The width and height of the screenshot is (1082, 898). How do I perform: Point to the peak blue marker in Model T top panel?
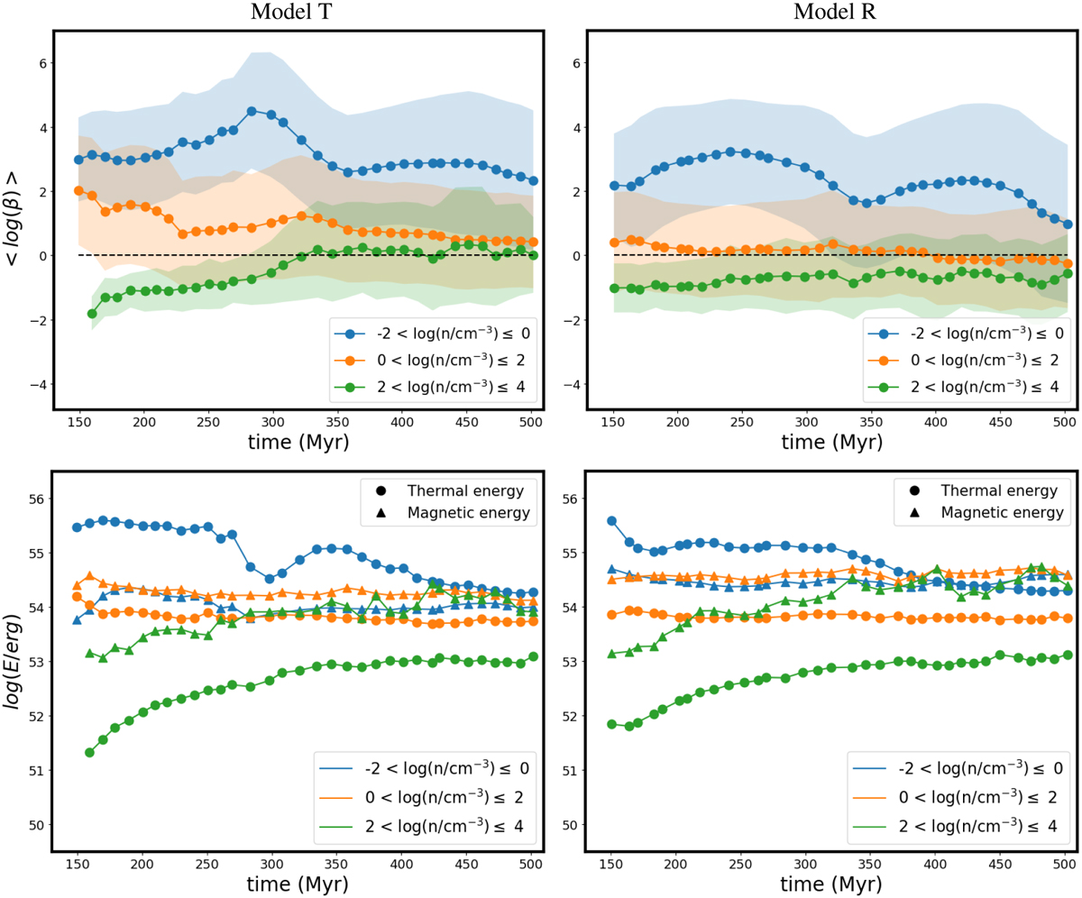(252, 111)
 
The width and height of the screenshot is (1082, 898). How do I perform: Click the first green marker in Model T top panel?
(92, 314)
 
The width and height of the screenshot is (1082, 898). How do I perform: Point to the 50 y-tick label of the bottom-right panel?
(568, 824)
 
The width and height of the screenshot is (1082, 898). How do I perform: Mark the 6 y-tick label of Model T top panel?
(38, 64)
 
